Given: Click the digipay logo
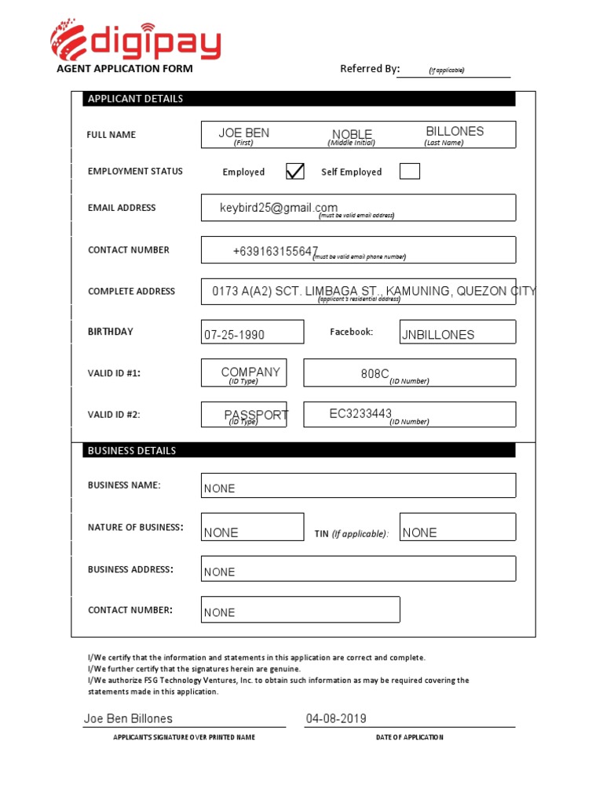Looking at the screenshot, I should [135, 39].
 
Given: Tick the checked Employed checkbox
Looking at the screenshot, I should [295, 171].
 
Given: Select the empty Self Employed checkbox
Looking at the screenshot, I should [409, 171].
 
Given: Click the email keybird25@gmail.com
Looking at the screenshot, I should [279, 208].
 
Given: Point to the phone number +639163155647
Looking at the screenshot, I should [275, 251].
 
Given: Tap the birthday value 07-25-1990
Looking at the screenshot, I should [234, 335].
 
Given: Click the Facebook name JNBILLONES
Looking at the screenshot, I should [438, 335].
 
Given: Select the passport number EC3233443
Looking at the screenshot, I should [360, 413].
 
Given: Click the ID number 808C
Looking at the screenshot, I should [375, 374].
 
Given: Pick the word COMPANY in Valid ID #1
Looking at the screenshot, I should [250, 372].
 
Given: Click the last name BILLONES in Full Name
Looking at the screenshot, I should [455, 132].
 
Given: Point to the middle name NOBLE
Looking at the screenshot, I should [352, 135].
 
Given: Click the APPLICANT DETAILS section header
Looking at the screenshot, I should [136, 99].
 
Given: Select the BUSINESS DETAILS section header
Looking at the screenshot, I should [132, 451].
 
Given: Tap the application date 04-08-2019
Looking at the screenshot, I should [336, 718].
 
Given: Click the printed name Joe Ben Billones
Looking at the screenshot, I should [128, 718].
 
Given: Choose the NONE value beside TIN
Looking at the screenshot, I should [419, 532].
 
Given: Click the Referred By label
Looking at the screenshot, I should [370, 69].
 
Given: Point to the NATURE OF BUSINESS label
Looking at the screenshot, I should [135, 527].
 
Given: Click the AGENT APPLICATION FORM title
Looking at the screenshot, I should [124, 69].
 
